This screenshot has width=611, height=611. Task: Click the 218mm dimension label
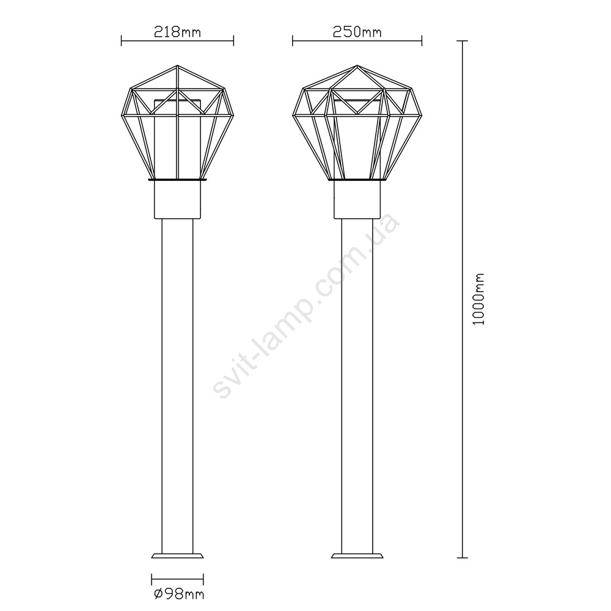click(x=178, y=32)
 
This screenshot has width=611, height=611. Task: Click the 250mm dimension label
click(x=357, y=32)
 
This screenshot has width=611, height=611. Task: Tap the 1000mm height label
click(x=478, y=299)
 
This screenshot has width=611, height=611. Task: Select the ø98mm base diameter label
click(x=179, y=595)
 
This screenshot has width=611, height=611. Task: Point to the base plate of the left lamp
click(x=177, y=555)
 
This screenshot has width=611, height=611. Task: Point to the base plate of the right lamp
click(x=357, y=555)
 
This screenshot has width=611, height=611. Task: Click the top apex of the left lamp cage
click(x=177, y=65)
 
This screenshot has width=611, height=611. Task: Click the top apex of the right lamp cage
click(x=357, y=65)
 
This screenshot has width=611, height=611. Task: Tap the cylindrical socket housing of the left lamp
click(x=177, y=200)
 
